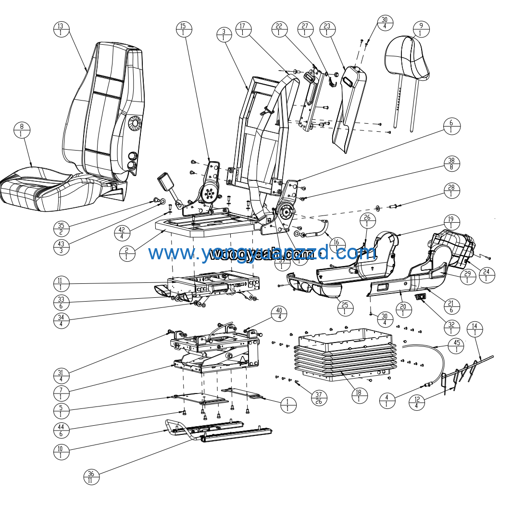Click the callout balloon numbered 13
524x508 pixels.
61,29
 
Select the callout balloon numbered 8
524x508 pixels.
22,130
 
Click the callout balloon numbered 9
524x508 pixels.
421,29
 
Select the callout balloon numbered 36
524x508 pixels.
91,477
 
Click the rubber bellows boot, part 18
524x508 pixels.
345,358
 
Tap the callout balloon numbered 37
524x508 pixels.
318,398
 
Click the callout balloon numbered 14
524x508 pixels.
474,330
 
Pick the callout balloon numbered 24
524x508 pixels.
487,275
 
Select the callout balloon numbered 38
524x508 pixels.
451,164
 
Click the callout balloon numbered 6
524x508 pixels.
451,127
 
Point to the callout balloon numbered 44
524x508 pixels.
61,431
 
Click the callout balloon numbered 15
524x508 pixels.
183,29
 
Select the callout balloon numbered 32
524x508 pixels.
451,328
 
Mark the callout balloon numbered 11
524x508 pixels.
61,284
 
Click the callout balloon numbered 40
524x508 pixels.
279,314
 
